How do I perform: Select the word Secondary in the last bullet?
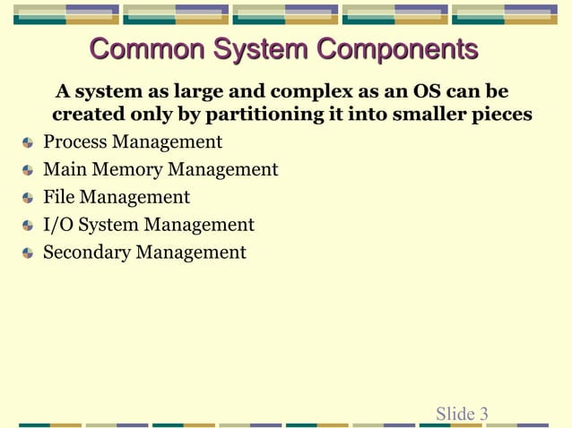coord(87,253)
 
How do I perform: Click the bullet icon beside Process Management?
coord(29,143)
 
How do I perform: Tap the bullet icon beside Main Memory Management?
coord(29,171)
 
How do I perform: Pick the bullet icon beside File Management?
coord(29,198)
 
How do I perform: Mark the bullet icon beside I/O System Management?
coord(29,226)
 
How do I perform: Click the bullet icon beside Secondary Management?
coord(29,253)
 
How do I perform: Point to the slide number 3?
coord(484,414)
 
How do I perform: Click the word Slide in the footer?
coord(455,414)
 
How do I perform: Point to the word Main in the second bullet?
coord(63,170)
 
